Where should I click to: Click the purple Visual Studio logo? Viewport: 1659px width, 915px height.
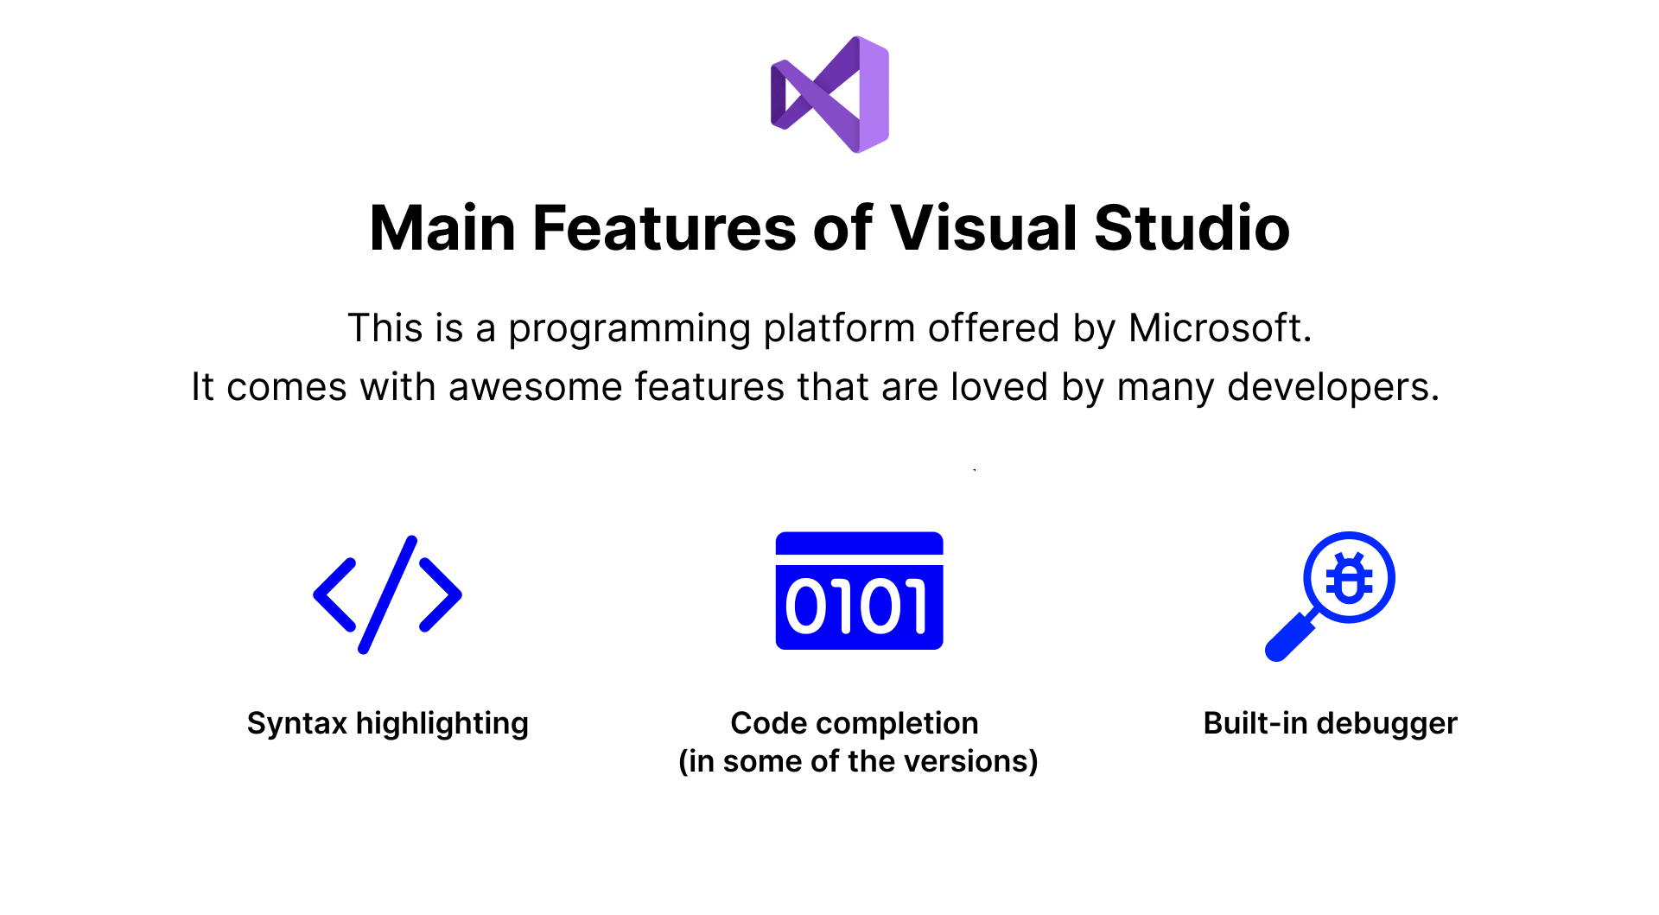pyautogui.click(x=829, y=95)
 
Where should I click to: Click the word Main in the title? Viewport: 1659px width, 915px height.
pyautogui.click(x=442, y=228)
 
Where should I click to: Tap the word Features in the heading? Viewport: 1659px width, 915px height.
pyautogui.click(x=664, y=228)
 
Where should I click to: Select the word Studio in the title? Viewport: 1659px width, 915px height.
pyautogui.click(x=1192, y=228)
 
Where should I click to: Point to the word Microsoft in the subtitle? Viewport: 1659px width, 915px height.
pyautogui.click(x=1220, y=328)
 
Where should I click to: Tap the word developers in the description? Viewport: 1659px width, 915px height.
pyautogui.click(x=1333, y=388)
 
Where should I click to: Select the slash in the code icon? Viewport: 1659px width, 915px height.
pyautogui.click(x=388, y=594)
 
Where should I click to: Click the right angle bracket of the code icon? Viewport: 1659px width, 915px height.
pyautogui.click(x=441, y=594)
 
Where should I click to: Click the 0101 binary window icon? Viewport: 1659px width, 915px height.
pyautogui.click(x=860, y=590)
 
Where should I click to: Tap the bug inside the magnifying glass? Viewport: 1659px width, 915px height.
pyautogui.click(x=1349, y=577)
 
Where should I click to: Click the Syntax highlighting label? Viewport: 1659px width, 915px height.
pyautogui.click(x=387, y=724)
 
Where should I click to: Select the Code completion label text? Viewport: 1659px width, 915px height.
pyautogui.click(x=855, y=724)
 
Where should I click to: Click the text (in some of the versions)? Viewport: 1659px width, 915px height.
pyautogui.click(x=858, y=761)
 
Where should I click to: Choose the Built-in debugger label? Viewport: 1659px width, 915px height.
pyautogui.click(x=1331, y=724)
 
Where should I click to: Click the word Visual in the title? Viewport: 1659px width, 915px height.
pyautogui.click(x=984, y=228)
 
